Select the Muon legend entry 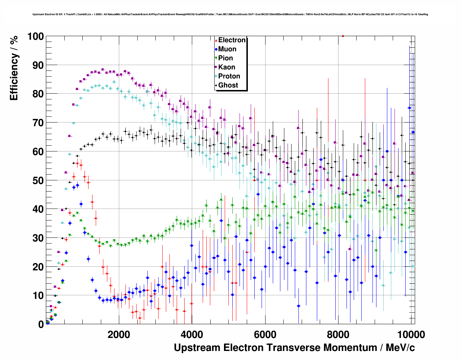click(x=227, y=49)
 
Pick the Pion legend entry click(x=225, y=58)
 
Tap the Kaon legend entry click(x=227, y=67)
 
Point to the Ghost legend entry click(x=228, y=85)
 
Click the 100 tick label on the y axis click(x=35, y=37)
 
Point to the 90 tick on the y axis click(x=38, y=65)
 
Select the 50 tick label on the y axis click(x=38, y=180)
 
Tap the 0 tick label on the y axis click(x=41, y=325)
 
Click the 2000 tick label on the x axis click(x=119, y=334)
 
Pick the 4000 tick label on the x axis click(x=192, y=334)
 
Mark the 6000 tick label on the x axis click(x=266, y=334)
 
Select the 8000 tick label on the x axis click(x=339, y=334)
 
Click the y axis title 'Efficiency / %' click(x=14, y=68)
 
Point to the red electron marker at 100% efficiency click(x=343, y=36)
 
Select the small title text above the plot click(x=230, y=14)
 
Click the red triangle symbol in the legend click(x=216, y=40)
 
